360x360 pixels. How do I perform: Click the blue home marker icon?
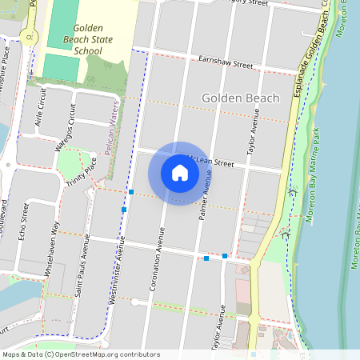click(180, 173)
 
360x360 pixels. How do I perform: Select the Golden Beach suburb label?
click(240, 98)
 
